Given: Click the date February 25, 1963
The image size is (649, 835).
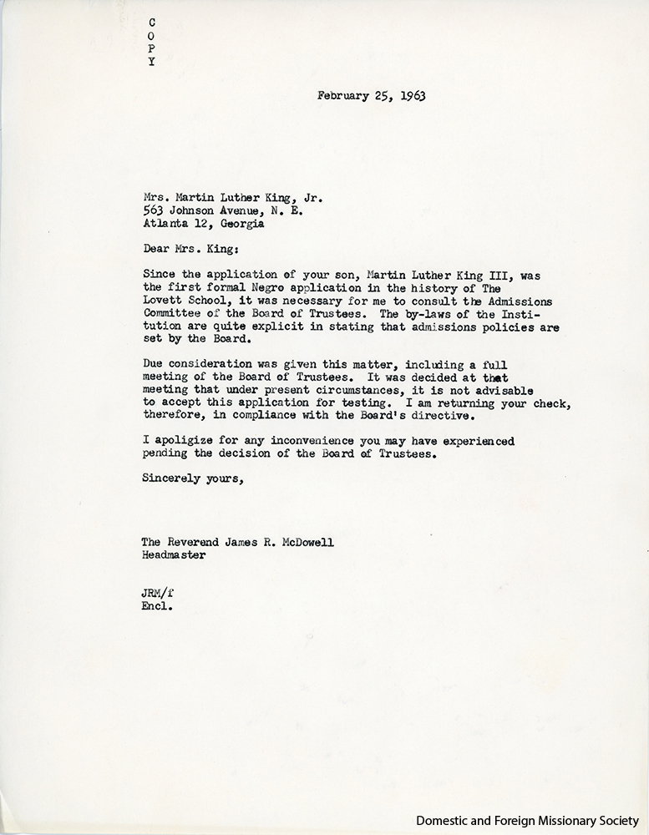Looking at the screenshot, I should pos(372,95).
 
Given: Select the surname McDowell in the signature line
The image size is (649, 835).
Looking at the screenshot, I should pos(308,543).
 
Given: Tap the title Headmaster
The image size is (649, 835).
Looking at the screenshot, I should pos(173,556).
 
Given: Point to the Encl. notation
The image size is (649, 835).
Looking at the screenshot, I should pos(156,607).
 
